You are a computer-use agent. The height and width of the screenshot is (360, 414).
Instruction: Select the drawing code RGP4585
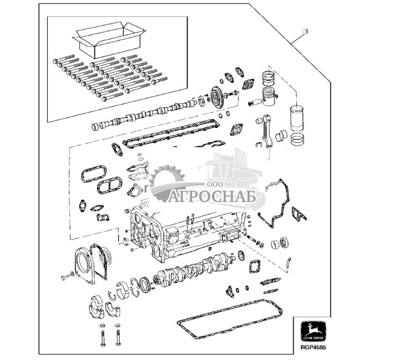point(313,347)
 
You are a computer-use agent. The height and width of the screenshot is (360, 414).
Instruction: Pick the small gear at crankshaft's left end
point(146,284)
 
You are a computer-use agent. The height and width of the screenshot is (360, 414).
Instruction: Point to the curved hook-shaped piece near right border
point(290,264)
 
